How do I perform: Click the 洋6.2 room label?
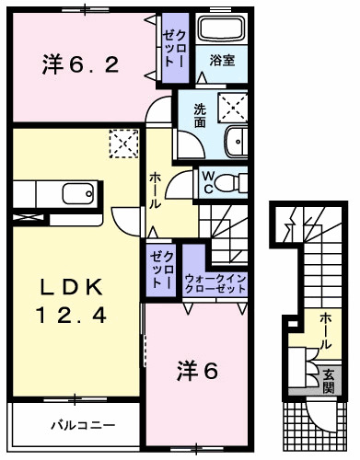pyautogui.click(x=79, y=64)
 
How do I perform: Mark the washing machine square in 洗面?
pyautogui.click(x=234, y=109)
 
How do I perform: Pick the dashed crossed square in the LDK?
pyautogui.click(x=122, y=144)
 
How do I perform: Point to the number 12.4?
pyautogui.click(x=70, y=316)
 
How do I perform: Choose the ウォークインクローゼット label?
pyautogui.click(x=215, y=282)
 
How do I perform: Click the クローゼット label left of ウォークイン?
pyautogui.click(x=162, y=267)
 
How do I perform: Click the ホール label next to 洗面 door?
pyautogui.click(x=157, y=190)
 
